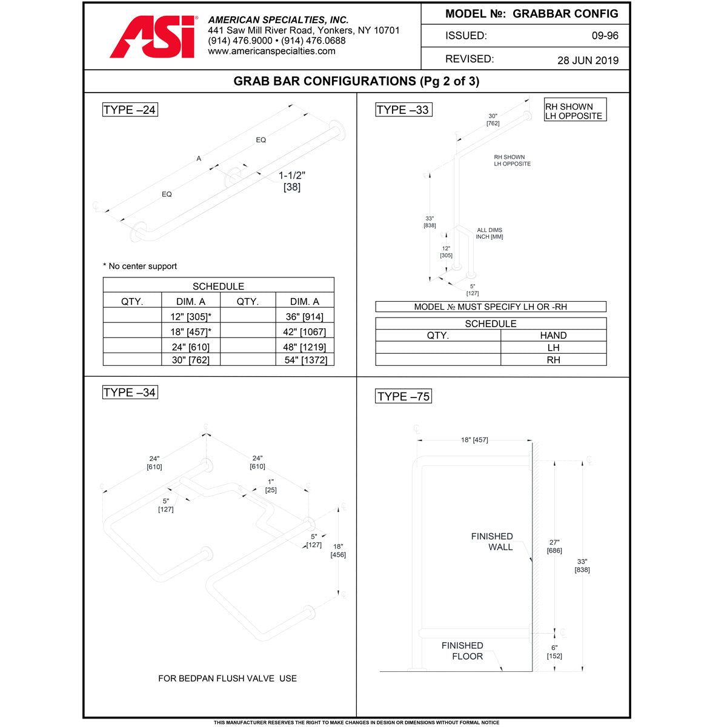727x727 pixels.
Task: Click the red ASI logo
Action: point(154,38)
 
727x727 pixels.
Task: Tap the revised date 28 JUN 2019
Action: point(588,60)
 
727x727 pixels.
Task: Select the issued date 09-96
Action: point(605,36)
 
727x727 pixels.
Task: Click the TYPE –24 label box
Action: point(130,110)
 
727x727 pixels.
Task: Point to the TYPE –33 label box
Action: point(403,110)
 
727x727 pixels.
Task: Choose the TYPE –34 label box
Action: point(130,393)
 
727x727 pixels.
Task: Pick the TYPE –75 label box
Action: point(403,396)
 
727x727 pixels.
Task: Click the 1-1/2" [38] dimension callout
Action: point(292,181)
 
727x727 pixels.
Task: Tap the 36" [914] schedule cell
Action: point(304,316)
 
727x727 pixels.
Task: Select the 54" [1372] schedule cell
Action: point(305,360)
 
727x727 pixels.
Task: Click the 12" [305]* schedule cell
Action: point(191,316)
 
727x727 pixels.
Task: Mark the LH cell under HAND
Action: point(553,348)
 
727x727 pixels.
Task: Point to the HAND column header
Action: point(553,335)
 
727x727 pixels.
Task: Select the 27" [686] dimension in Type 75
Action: point(554,546)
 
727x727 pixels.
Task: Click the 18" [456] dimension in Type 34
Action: point(338,550)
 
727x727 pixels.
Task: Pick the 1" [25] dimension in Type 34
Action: point(271,485)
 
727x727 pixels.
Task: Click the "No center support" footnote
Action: point(140,266)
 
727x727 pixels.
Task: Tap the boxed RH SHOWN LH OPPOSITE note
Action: point(575,111)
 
